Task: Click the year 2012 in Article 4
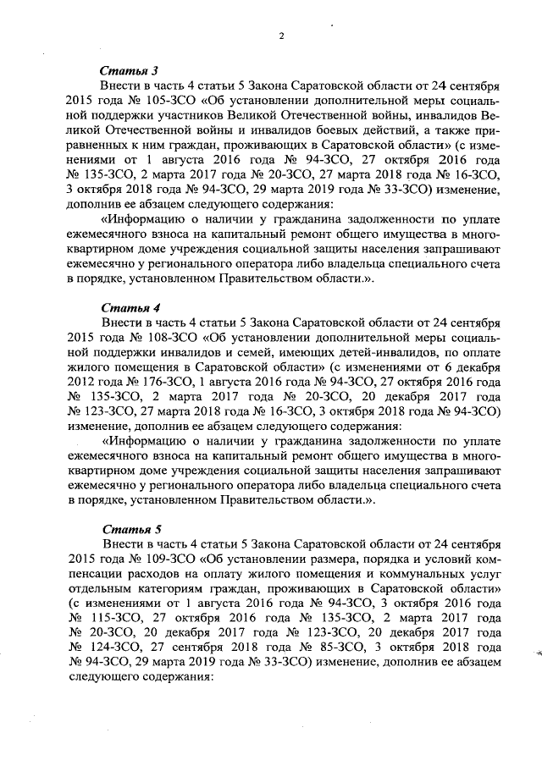(80, 382)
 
